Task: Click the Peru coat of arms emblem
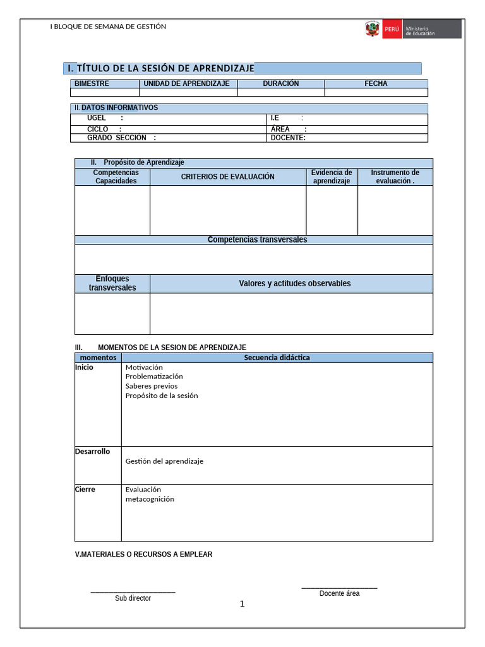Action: (x=372, y=29)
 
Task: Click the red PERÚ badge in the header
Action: (x=391, y=29)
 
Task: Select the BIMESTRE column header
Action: (x=92, y=83)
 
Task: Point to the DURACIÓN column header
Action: (x=281, y=83)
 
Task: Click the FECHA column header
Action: (x=376, y=83)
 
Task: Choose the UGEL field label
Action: (x=97, y=118)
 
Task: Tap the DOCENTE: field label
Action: (x=288, y=138)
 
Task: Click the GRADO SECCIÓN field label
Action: (x=117, y=138)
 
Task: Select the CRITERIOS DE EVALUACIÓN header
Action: (x=228, y=177)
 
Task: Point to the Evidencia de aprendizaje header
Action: (x=332, y=177)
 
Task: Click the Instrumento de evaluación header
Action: (x=395, y=177)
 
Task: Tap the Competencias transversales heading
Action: (x=257, y=240)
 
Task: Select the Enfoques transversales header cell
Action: (x=112, y=283)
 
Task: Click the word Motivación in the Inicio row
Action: (x=144, y=367)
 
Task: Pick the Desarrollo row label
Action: (x=92, y=452)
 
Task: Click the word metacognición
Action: (x=150, y=499)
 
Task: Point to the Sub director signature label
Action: (x=133, y=598)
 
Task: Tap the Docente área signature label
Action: (x=339, y=593)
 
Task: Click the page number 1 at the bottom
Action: (x=242, y=604)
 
